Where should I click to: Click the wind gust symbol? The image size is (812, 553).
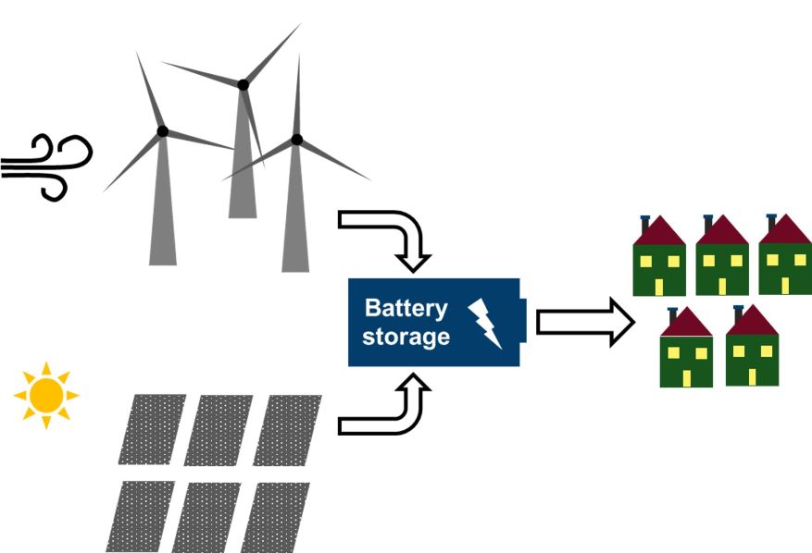coord(46,166)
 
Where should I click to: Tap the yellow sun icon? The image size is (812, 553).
coord(45,396)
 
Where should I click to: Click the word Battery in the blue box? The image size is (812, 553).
coord(406,308)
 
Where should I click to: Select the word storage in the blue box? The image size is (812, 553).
coord(406,337)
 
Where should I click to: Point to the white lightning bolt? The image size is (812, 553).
coord(486,323)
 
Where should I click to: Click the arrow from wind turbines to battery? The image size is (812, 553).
coord(389,231)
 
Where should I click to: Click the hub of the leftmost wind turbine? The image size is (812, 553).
coord(163,131)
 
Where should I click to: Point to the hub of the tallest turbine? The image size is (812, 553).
coord(244,85)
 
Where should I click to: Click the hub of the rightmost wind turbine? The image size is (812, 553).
coord(296,140)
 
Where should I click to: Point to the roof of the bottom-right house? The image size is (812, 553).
coord(753,322)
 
